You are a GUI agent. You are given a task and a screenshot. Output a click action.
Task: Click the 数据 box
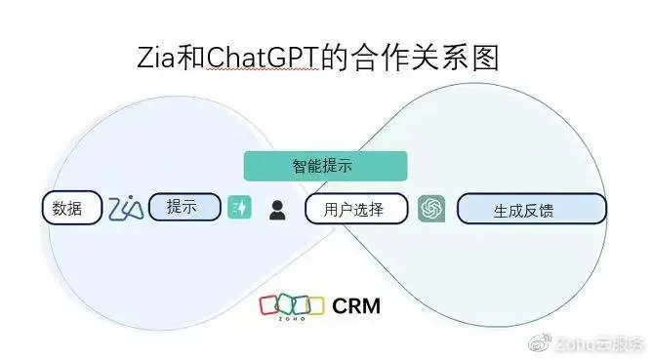click(x=70, y=208)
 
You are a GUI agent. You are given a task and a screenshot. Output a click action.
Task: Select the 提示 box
click(x=184, y=207)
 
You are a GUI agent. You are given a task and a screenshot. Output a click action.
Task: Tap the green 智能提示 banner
click(x=324, y=166)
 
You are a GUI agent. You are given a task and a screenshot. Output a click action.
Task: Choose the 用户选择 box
click(x=355, y=209)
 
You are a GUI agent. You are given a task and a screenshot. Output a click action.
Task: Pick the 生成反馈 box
click(x=531, y=209)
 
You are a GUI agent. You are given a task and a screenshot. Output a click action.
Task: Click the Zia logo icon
click(x=126, y=208)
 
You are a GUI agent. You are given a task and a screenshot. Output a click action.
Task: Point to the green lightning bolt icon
click(x=240, y=208)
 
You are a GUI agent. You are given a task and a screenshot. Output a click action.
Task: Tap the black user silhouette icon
click(x=277, y=209)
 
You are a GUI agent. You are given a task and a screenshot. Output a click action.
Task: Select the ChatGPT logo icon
click(x=431, y=209)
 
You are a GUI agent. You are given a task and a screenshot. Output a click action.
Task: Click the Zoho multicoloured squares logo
click(x=291, y=306)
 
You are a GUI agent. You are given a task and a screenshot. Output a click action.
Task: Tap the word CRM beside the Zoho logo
click(x=356, y=306)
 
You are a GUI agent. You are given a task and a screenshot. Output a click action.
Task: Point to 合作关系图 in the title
click(x=428, y=58)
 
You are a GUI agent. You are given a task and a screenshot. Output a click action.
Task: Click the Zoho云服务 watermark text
click(x=596, y=343)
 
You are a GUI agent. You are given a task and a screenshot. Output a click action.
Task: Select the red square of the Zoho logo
click(x=268, y=305)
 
